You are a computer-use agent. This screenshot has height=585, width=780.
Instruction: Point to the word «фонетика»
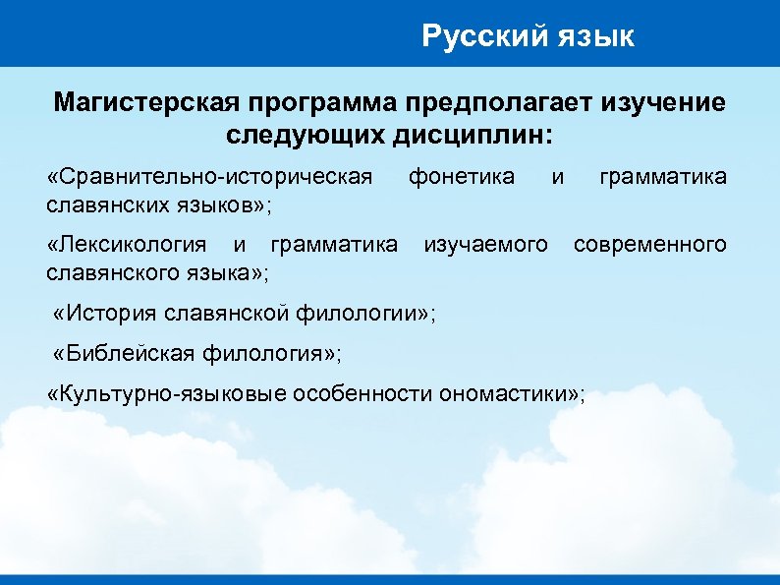pyautogui.click(x=461, y=177)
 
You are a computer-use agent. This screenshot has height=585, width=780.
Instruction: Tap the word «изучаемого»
pyautogui.click(x=485, y=244)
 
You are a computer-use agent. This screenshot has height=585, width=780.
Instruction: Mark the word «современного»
pyautogui.click(x=650, y=244)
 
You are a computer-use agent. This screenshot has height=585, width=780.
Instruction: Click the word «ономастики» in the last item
pyautogui.click(x=503, y=394)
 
